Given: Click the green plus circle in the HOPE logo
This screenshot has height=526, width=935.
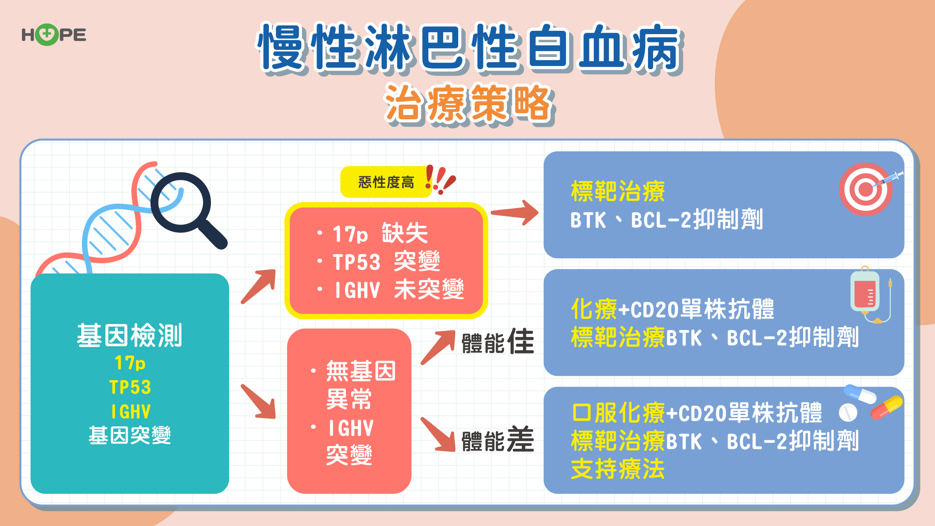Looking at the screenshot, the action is [x=47, y=35].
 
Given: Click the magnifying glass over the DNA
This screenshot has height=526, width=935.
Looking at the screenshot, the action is [x=187, y=209].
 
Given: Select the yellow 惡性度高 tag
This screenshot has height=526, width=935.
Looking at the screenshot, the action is [x=386, y=182].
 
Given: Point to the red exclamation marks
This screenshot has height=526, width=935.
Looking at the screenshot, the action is [x=439, y=180].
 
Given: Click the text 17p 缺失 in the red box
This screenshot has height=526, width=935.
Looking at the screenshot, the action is [x=380, y=233].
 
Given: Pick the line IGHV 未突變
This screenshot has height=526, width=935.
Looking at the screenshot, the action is [x=399, y=289].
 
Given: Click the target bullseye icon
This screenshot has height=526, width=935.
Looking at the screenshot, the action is [x=866, y=189].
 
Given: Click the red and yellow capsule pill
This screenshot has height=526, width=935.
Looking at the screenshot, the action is [x=886, y=407].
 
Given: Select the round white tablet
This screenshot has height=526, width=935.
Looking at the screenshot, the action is [x=848, y=412].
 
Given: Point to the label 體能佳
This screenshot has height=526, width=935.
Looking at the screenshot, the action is [x=497, y=341].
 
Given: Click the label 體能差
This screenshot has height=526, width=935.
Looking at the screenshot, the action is [x=497, y=440].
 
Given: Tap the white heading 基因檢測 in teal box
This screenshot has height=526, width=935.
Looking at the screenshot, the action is [x=129, y=335].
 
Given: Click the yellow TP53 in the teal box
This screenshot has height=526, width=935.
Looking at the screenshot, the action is [x=130, y=387].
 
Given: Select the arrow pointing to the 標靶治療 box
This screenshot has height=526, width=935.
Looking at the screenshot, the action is [x=514, y=213].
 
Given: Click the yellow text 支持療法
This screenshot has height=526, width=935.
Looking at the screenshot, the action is [x=618, y=469].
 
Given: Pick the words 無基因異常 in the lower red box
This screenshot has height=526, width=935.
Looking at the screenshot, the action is [x=361, y=385].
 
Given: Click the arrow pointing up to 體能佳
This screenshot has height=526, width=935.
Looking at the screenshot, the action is [x=439, y=346].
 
